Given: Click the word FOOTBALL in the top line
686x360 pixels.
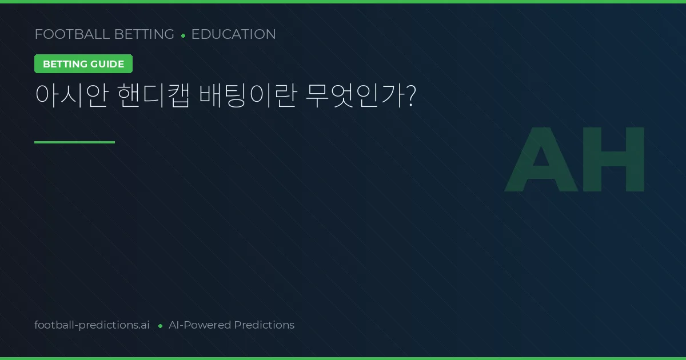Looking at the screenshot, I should click(72, 34).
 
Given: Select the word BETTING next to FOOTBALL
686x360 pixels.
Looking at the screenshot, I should click(144, 34).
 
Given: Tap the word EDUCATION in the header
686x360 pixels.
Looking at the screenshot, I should click(233, 34).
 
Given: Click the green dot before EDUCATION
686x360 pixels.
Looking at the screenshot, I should click(183, 35).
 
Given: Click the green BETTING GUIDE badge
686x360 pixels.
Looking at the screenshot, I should click(83, 64).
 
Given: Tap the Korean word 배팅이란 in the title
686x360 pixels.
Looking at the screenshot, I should click(247, 96).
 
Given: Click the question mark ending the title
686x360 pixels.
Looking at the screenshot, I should click(409, 96).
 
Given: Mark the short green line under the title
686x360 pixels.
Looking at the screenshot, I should click(74, 142).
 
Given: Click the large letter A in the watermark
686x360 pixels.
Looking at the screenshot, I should click(541, 159).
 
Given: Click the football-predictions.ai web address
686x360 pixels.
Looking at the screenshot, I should click(92, 325).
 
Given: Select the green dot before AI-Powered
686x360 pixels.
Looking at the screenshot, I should click(160, 326).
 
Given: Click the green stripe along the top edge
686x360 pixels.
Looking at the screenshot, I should click(343, 2).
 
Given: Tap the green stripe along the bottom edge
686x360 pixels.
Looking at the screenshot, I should click(343, 358).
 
